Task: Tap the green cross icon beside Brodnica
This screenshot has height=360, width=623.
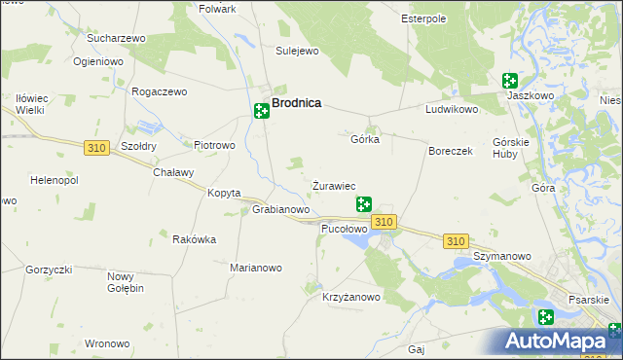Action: point(261,111)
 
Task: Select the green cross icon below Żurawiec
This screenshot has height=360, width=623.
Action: point(364,204)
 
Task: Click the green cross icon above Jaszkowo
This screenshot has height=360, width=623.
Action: point(509,82)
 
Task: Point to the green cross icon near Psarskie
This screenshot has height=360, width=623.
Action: point(546,316)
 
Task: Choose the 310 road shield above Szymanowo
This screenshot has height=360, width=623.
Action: point(455,240)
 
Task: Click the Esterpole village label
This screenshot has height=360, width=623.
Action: point(423,18)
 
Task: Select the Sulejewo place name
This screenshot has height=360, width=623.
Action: point(297,51)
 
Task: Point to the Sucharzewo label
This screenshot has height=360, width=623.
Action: point(116,38)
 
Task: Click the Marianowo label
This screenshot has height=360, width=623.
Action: point(255,268)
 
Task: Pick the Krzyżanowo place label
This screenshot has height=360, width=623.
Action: point(351,298)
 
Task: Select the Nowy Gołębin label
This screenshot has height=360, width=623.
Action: point(126,282)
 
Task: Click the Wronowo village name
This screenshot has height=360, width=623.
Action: point(107,343)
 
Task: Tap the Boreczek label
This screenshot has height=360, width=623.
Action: point(451,152)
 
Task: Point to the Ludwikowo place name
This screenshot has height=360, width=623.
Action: point(452,109)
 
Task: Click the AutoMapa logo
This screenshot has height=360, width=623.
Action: point(564,341)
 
